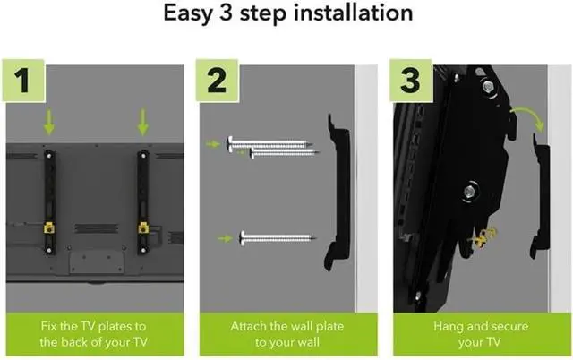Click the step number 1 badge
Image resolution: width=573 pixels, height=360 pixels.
23,81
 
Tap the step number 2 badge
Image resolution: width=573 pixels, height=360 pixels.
217,81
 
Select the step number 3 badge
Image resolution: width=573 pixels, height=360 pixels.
411,81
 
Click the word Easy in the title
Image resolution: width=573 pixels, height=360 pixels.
188,14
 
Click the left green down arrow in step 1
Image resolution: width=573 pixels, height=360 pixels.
49,122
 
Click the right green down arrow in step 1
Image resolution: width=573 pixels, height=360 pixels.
143,122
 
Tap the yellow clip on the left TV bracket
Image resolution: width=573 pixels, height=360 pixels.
49,228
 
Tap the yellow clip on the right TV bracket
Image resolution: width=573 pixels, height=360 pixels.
143,228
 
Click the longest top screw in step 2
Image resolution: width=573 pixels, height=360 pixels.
269,143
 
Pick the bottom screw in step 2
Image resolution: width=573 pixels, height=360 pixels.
278,238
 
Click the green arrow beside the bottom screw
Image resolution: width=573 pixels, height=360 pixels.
225,239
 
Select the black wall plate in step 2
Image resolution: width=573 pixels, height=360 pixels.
338,193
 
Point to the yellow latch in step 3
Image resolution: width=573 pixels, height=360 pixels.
484,236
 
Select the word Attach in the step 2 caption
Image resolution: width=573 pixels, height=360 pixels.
248,326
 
